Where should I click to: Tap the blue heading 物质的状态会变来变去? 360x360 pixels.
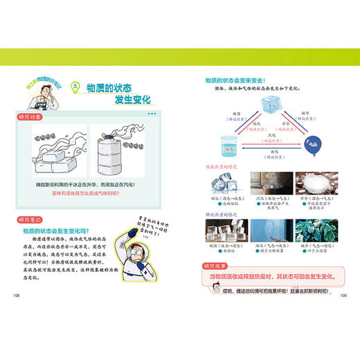click(x=235, y=81)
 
